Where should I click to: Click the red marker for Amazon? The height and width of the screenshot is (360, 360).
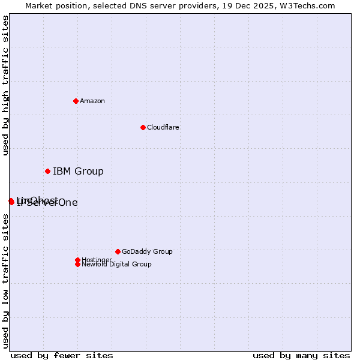pos(76,101)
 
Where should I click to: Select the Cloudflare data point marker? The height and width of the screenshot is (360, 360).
pos(143,127)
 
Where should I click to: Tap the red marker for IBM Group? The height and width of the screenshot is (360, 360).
pos(47,171)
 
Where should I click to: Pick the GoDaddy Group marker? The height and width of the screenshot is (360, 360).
pos(118,251)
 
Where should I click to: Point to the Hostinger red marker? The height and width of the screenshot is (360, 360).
pos(77,260)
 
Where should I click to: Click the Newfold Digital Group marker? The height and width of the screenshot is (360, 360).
pos(77,264)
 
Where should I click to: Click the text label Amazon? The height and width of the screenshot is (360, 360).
pos(92,101)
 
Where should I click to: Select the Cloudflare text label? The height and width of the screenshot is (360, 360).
pos(163,127)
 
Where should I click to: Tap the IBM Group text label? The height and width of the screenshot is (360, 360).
pos(78,172)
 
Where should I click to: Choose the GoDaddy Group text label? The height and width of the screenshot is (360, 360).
pos(147,251)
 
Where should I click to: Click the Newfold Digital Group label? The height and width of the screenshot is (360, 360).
pos(116,265)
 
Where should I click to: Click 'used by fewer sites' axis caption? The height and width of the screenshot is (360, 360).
pos(62,355)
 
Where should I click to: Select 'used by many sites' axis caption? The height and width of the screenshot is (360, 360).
pos(301,355)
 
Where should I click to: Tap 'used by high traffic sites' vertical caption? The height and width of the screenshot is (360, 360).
pos(5,85)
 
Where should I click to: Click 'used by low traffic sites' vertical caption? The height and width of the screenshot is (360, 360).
pos(5,281)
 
